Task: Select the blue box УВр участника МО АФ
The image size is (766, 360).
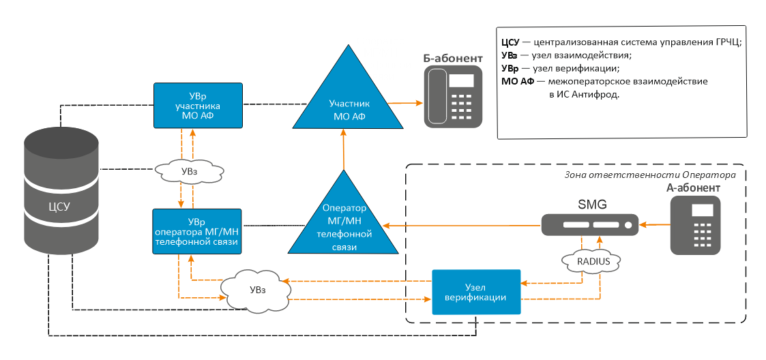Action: pyautogui.click(x=198, y=106)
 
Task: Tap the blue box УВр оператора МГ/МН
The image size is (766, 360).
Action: pyautogui.click(x=198, y=232)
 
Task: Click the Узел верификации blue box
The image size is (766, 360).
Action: pyautogui.click(x=475, y=292)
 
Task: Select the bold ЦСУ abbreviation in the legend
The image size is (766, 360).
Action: pyautogui.click(x=510, y=42)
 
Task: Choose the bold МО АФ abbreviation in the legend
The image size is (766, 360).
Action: pyautogui.click(x=516, y=82)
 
